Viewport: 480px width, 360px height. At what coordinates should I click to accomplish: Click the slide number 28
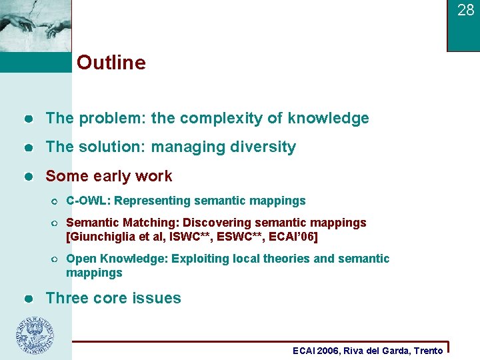[465, 10]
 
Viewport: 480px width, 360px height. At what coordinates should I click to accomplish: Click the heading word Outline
[111, 63]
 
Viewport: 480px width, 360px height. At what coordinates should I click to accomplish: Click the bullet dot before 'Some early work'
[28, 177]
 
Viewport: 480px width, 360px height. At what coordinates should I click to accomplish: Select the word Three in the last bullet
[65, 298]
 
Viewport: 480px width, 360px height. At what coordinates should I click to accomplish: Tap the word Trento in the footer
[428, 351]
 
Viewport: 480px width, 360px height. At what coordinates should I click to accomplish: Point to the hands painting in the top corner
[35, 25]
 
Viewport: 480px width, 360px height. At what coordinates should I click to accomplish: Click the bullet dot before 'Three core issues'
[28, 299]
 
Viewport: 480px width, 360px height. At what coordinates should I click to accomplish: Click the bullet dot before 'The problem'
[28, 119]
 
